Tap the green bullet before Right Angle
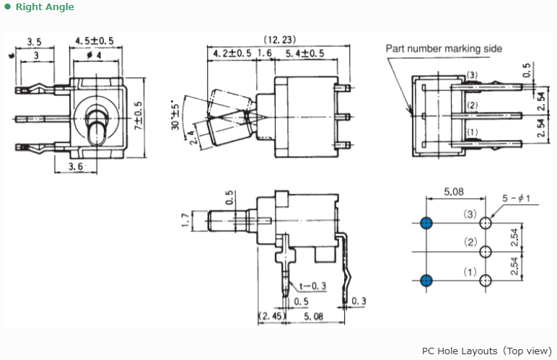pos(7,7)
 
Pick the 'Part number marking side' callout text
pos(444,49)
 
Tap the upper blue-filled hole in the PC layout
pos(426,224)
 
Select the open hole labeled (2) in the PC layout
pos(486,252)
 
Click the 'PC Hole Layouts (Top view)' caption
pos(486,351)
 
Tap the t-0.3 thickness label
pos(312,286)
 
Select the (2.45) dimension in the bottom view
pos(272,316)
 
